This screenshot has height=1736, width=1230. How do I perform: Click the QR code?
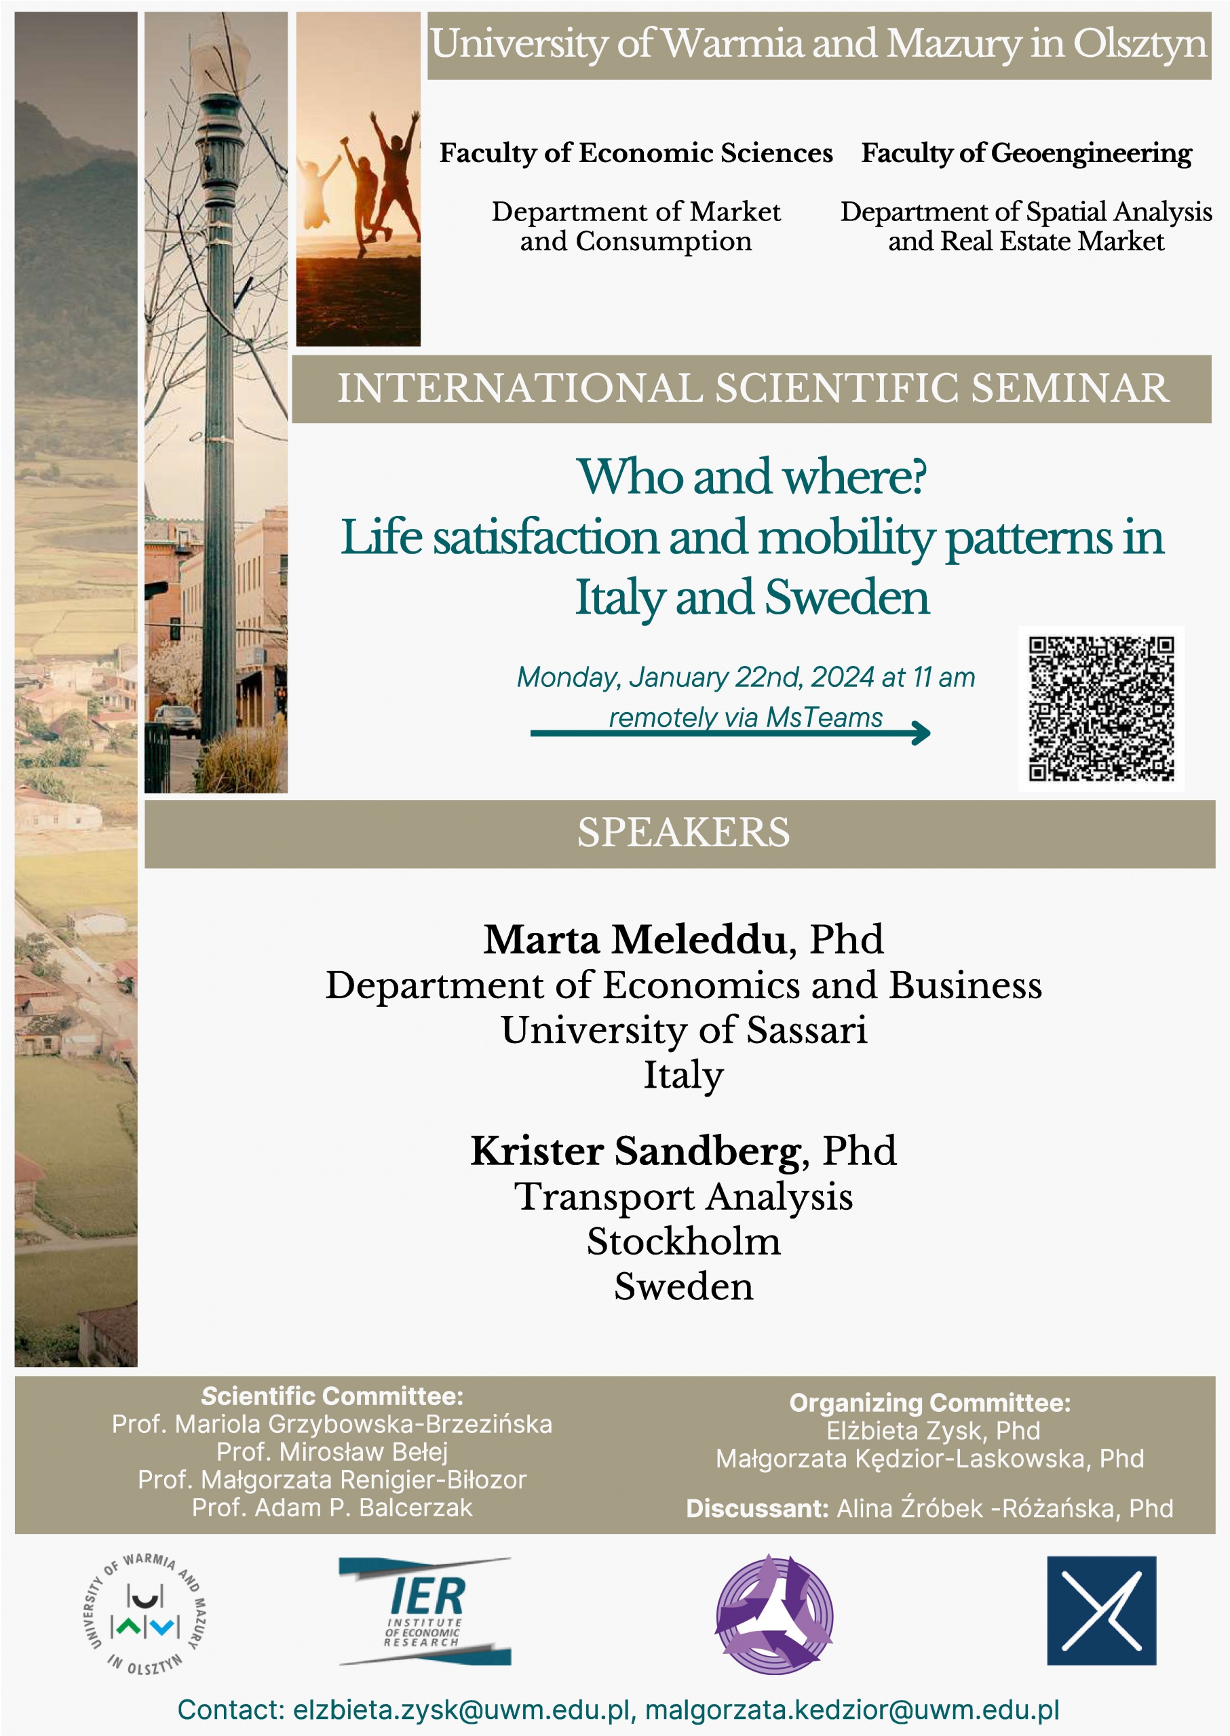[x=1101, y=709]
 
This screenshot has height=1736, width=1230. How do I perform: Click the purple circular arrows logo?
[x=774, y=1613]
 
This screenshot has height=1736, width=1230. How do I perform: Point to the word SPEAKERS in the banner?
[x=683, y=833]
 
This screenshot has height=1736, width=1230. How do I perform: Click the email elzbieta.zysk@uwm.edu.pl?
[x=462, y=1710]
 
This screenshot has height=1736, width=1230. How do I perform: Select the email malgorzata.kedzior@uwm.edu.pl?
[x=852, y=1710]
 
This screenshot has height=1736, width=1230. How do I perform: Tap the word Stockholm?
[x=683, y=1242]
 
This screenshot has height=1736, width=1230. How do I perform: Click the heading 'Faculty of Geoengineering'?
[x=1026, y=153]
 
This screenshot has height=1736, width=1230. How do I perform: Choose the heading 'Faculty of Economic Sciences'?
[x=636, y=153]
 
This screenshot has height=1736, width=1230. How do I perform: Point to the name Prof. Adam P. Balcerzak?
[x=332, y=1507]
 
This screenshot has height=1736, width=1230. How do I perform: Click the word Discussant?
[x=756, y=1508]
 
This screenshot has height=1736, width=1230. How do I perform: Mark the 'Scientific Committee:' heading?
[x=332, y=1396]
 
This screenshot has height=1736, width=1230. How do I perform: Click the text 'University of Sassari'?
[x=683, y=1030]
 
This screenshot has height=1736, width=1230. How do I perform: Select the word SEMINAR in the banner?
[x=1070, y=389]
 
